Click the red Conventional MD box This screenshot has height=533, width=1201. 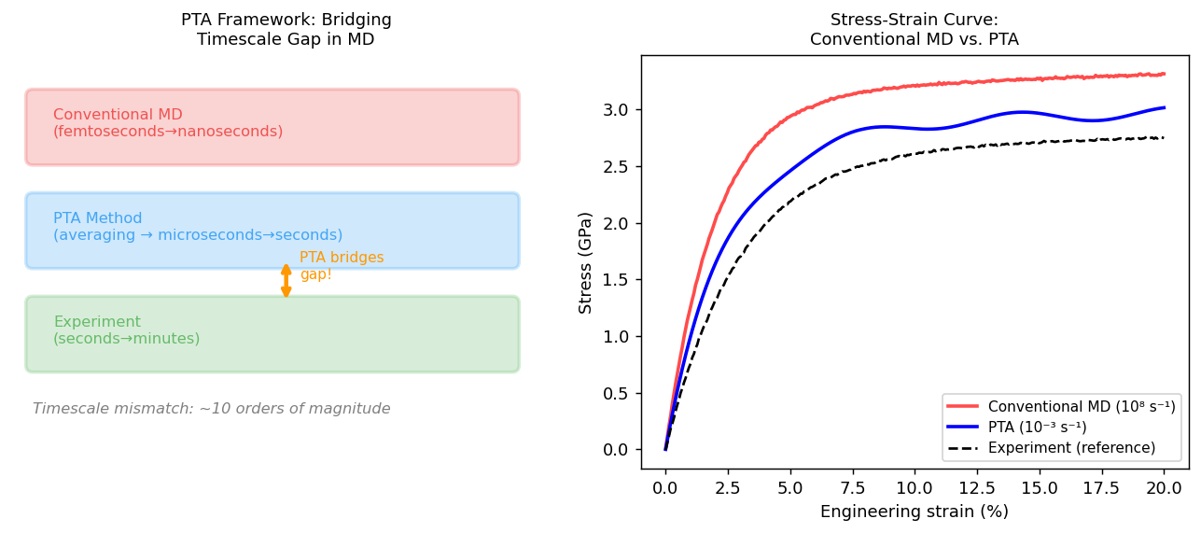tap(272, 127)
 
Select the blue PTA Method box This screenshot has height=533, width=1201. tap(272, 231)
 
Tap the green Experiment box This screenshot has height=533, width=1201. tap(272, 334)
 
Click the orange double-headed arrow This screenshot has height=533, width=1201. tap(286, 281)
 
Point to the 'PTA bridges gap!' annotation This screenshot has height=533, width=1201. tap(341, 266)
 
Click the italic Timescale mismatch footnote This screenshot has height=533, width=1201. tap(212, 409)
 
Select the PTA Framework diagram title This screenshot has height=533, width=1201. tap(286, 30)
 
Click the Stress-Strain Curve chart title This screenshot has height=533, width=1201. tap(914, 30)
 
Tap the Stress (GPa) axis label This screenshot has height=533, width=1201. tap(586, 262)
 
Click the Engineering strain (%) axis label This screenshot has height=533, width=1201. tap(914, 512)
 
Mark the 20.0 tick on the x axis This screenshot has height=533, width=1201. tap(1164, 487)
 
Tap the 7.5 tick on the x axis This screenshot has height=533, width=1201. tap(852, 487)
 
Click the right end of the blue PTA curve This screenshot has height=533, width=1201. tap(1164, 107)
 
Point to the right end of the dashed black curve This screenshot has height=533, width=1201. tap(1164, 138)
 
